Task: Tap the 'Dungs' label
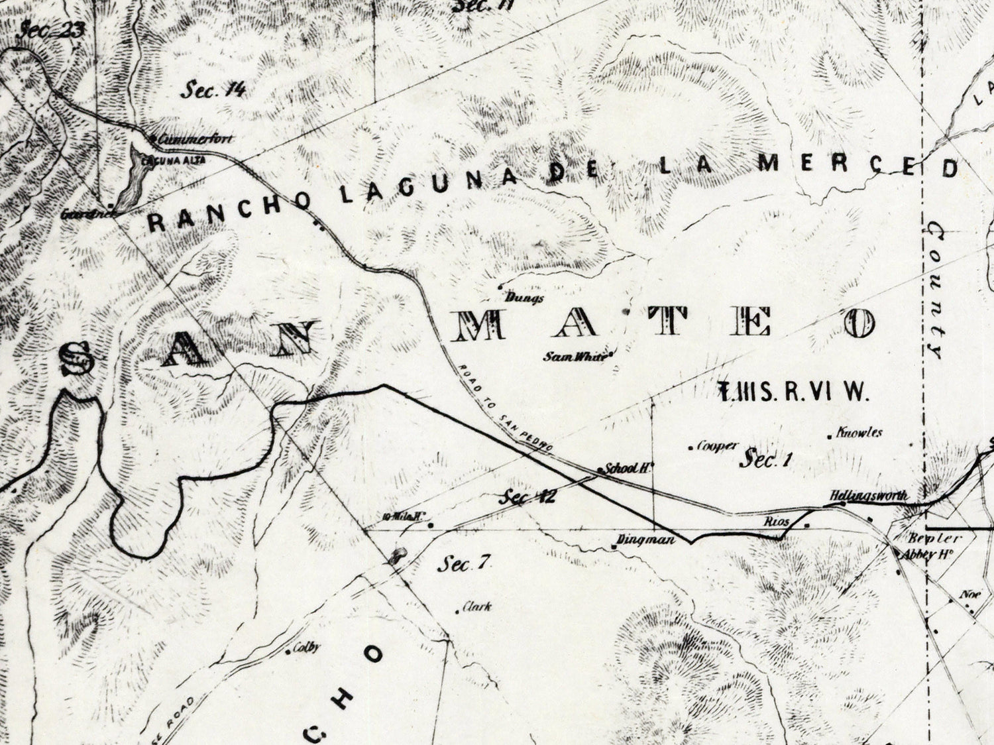524,298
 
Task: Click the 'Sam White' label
575,356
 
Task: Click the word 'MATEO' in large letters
663,325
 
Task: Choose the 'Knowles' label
859,433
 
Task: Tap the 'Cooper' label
717,447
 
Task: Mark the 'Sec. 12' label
528,496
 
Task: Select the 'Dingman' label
645,540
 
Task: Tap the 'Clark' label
477,606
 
